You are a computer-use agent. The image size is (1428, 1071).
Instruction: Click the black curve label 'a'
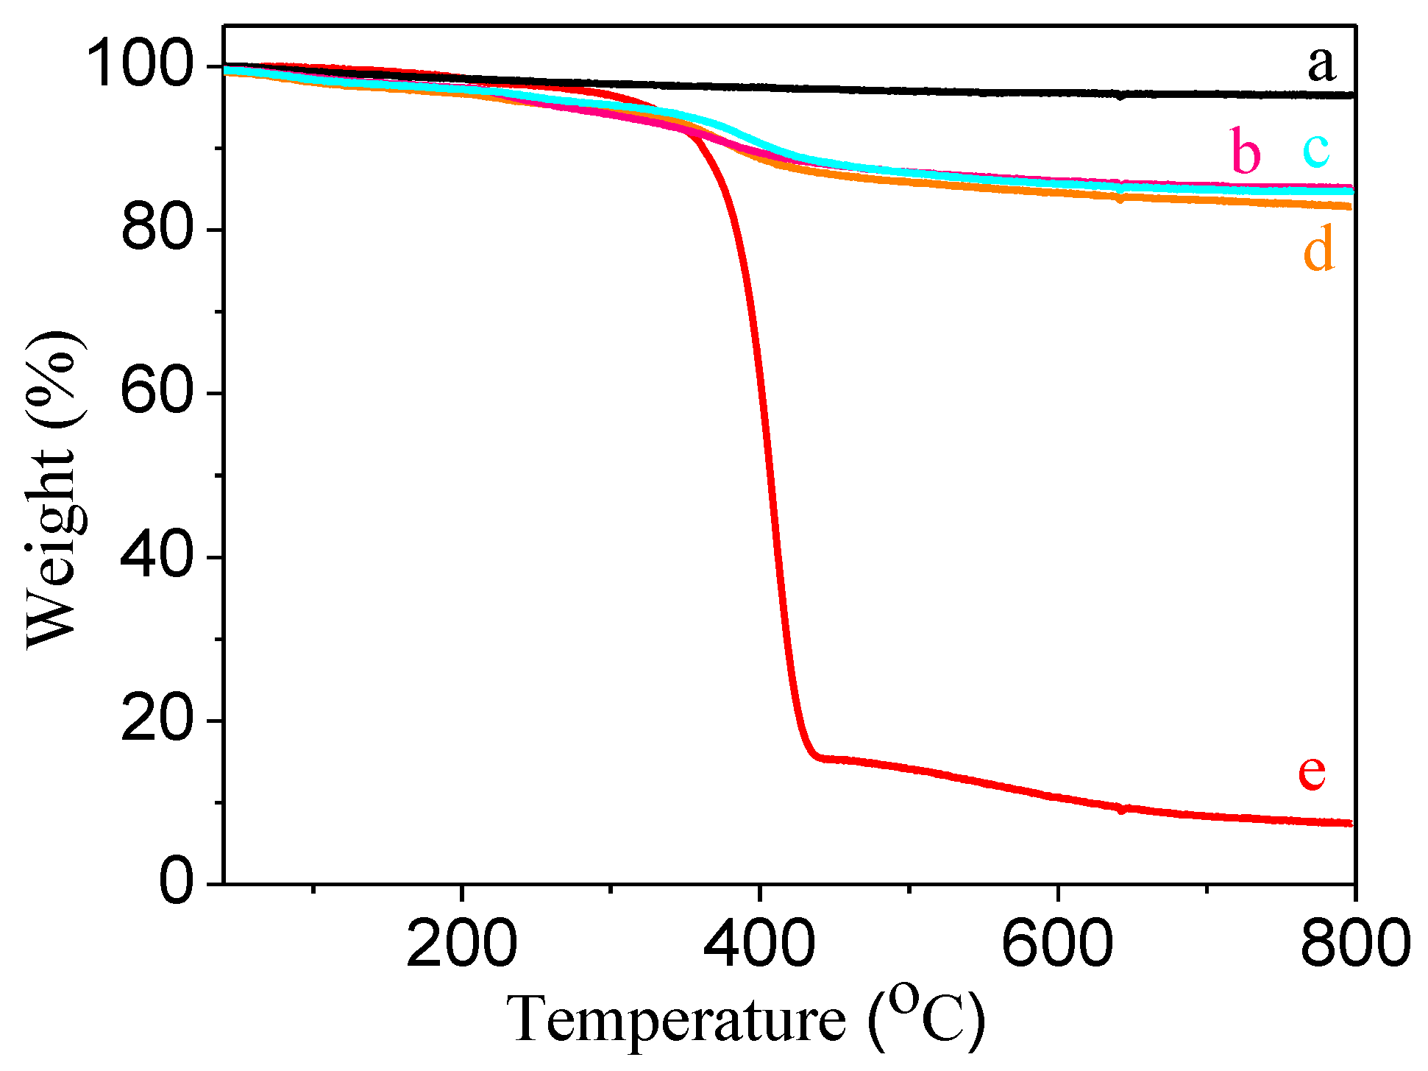pos(1321,65)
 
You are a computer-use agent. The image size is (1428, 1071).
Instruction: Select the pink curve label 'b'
pos(1246,152)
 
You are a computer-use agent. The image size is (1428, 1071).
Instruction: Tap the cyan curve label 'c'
pos(1316,149)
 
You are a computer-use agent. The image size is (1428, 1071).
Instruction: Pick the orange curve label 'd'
pos(1318,250)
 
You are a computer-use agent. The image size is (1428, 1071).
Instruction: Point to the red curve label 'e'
pos(1312,772)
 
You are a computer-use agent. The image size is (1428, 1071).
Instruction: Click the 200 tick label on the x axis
pos(461,945)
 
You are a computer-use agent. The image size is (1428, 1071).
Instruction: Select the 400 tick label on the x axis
pos(759,945)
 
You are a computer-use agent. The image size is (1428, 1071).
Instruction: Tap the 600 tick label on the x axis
pos(1057,945)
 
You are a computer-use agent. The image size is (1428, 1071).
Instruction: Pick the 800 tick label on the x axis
pos(1354,945)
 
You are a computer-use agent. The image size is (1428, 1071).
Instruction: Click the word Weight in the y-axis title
pos(51,548)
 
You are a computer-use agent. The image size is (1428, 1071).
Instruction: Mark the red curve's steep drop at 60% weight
pos(763,393)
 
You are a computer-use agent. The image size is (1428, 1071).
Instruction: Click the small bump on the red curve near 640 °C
pos(1121,810)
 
